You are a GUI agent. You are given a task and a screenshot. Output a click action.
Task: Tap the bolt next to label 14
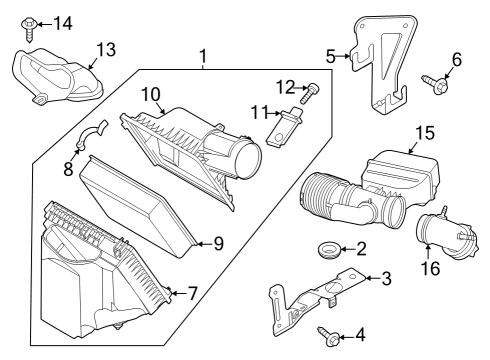tap(31, 19)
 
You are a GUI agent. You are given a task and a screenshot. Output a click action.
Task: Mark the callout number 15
tap(425, 132)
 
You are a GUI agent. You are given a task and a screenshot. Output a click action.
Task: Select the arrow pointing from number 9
tap(201, 242)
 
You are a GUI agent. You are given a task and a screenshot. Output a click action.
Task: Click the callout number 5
tap(330, 56)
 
